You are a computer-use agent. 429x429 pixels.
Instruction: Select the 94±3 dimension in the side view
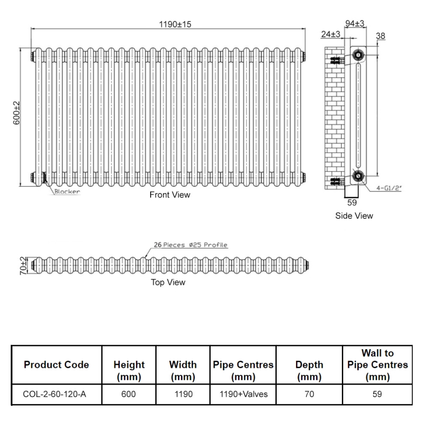click(x=355, y=23)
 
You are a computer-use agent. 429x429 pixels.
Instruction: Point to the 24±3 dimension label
click(x=331, y=34)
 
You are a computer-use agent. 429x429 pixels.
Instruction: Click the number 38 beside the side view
click(x=381, y=36)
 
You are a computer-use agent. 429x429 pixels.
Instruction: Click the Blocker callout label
click(x=67, y=191)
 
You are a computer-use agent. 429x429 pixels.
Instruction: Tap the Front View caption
click(x=169, y=195)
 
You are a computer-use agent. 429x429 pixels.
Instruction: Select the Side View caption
click(x=354, y=216)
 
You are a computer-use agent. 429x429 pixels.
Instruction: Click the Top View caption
click(x=168, y=282)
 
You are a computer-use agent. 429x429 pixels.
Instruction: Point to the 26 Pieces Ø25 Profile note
click(x=190, y=245)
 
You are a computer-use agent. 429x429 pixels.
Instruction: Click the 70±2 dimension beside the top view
click(x=23, y=265)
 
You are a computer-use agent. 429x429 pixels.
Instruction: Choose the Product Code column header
click(x=56, y=365)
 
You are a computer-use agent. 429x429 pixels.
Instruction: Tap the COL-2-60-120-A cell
click(x=55, y=394)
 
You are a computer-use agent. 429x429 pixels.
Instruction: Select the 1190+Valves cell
click(x=243, y=394)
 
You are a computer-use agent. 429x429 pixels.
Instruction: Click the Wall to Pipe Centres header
click(x=378, y=365)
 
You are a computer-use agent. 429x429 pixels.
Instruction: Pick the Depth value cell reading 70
click(x=309, y=394)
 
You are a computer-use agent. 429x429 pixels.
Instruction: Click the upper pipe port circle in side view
click(x=358, y=54)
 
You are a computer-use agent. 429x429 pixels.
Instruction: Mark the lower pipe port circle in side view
click(x=358, y=175)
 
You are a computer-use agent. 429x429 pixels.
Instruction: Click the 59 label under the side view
click(x=352, y=203)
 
